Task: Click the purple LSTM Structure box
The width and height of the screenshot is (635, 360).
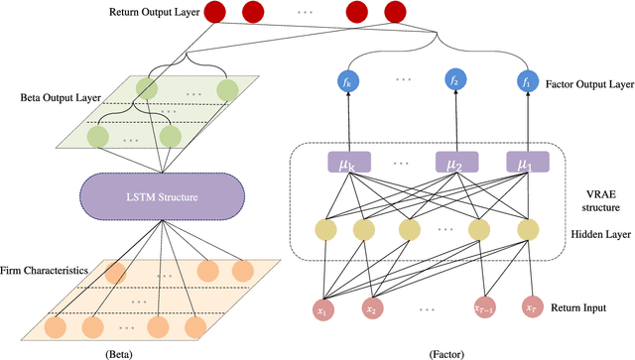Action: point(162,197)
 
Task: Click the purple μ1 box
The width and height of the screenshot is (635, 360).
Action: point(524,161)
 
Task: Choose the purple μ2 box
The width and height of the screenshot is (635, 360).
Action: point(451,161)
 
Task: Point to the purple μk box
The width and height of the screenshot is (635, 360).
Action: point(340,161)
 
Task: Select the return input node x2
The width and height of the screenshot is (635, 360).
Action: point(372,308)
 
